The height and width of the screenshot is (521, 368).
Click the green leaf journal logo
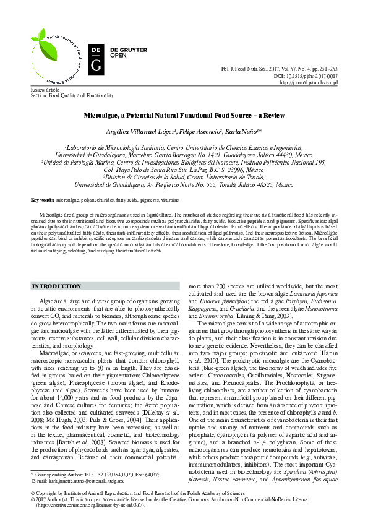[54, 56]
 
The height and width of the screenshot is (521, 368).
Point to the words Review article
[44, 90]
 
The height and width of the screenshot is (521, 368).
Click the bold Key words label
[43, 200]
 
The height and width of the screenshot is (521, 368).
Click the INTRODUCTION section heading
[56, 286]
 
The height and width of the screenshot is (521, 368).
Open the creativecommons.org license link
[93, 504]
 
